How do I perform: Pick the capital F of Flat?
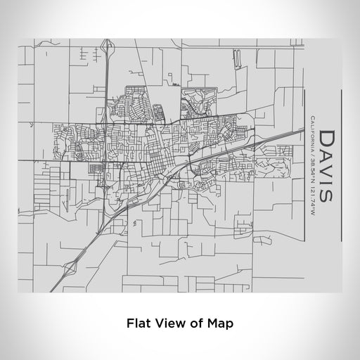129,324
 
